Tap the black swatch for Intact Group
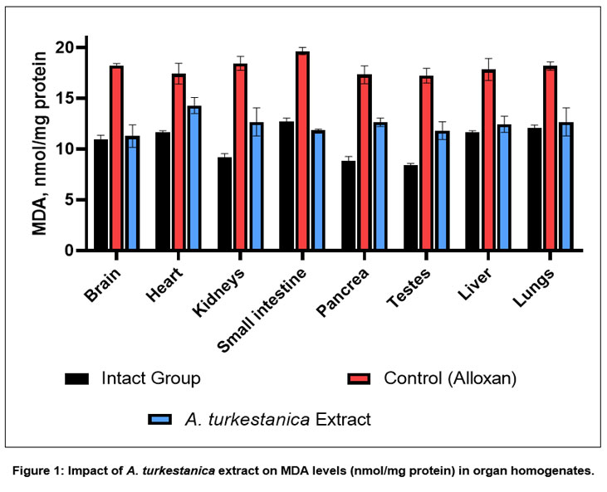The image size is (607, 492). pos(76,379)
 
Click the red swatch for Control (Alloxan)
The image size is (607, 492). pos(359,379)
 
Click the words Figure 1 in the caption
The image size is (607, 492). pos(37,472)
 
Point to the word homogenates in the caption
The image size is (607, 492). pos(554,472)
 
